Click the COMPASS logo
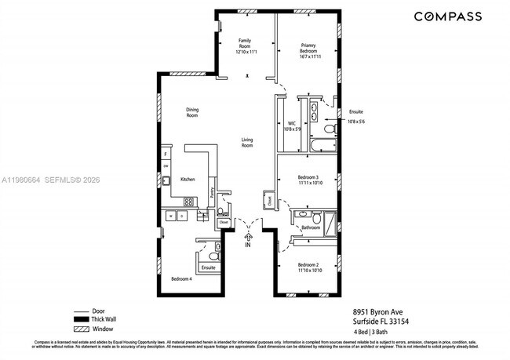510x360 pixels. click(x=447, y=16)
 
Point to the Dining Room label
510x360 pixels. click(x=192, y=112)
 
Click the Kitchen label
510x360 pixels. click(x=188, y=180)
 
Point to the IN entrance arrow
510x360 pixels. click(x=249, y=237)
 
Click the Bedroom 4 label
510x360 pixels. click(x=181, y=278)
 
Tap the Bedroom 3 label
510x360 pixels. click(x=308, y=178)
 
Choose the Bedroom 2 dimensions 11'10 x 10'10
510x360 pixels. click(x=308, y=271)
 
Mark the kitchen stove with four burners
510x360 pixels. click(x=188, y=202)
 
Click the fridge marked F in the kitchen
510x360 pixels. click(x=166, y=155)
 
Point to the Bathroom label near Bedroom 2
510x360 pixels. click(x=311, y=227)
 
